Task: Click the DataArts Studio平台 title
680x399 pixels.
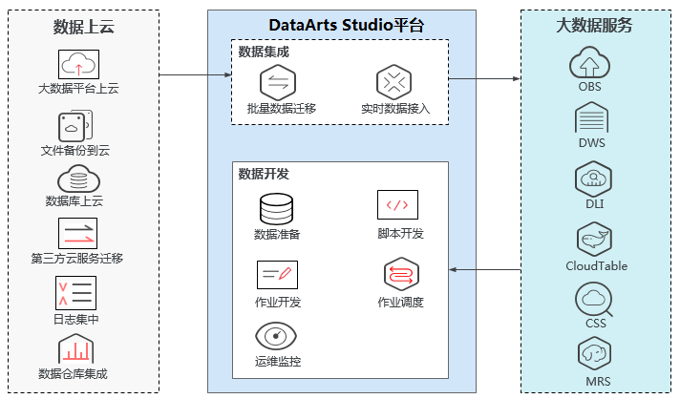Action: point(341,26)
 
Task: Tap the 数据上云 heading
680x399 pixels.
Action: point(83,27)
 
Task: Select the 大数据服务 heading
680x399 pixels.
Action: point(594,26)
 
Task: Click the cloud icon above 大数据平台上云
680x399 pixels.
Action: point(78,65)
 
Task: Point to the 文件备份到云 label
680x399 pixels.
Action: point(75,150)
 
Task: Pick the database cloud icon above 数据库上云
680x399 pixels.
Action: point(78,178)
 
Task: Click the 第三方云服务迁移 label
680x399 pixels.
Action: point(77,259)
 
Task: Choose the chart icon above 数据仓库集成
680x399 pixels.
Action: point(76,349)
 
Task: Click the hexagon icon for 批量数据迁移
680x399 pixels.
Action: point(278,81)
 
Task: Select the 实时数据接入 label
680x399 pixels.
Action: point(394,109)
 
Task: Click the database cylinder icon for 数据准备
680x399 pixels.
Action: point(277,209)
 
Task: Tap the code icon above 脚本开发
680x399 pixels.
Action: point(397,204)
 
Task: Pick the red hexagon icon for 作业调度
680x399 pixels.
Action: point(397,275)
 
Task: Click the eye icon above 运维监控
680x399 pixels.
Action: point(276,336)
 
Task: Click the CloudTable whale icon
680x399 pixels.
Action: point(593,239)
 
